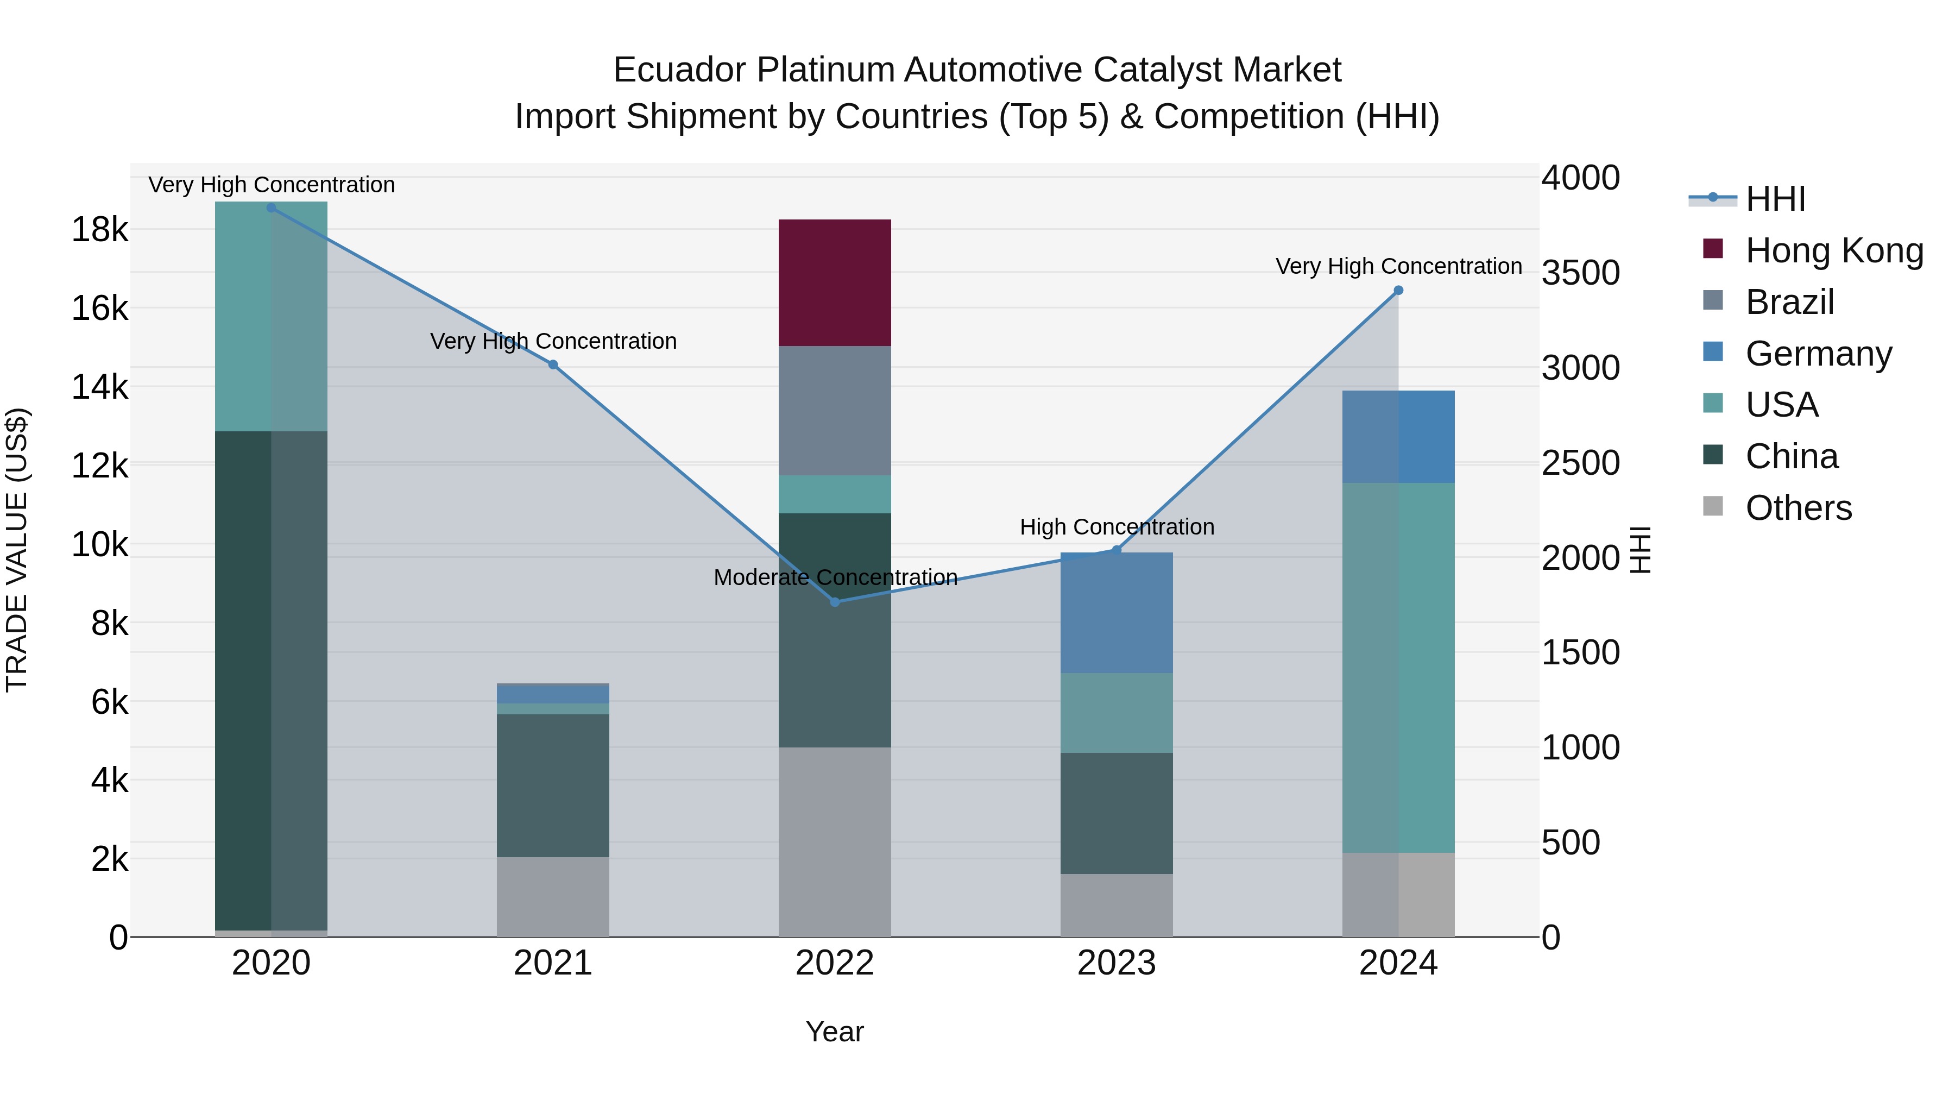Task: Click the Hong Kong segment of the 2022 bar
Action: coord(834,282)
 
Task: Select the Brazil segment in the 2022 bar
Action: coord(834,411)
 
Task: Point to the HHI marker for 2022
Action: coord(835,602)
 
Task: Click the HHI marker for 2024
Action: coord(1399,290)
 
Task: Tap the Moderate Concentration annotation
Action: coord(835,578)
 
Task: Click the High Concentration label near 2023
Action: coord(1117,527)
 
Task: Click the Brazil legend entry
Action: coord(1789,302)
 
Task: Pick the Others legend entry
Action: coord(1798,508)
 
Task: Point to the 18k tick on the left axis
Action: coord(99,229)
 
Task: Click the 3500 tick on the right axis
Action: coord(1581,273)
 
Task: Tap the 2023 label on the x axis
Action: coord(1117,963)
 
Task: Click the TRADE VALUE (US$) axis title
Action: coord(17,550)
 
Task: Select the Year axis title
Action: coord(834,1032)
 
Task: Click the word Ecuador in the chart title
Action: coord(679,70)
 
